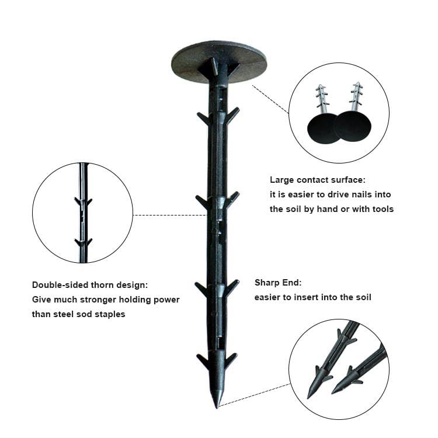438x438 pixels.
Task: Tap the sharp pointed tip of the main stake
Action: click(x=217, y=407)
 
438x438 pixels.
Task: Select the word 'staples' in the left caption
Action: click(x=110, y=314)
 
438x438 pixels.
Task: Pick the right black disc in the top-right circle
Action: click(x=353, y=126)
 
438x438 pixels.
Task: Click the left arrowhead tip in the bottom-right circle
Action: click(x=308, y=398)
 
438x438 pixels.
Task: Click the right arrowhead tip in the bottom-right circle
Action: click(x=332, y=393)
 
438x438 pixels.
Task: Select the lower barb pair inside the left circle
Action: click(x=84, y=242)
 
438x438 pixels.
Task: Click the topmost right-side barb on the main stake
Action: click(x=232, y=115)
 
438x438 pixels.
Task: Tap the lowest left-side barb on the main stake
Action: click(x=203, y=361)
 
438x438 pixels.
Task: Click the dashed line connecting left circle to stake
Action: click(x=170, y=215)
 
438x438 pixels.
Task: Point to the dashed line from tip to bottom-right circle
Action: click(x=255, y=395)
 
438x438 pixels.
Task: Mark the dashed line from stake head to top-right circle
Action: click(x=270, y=99)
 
